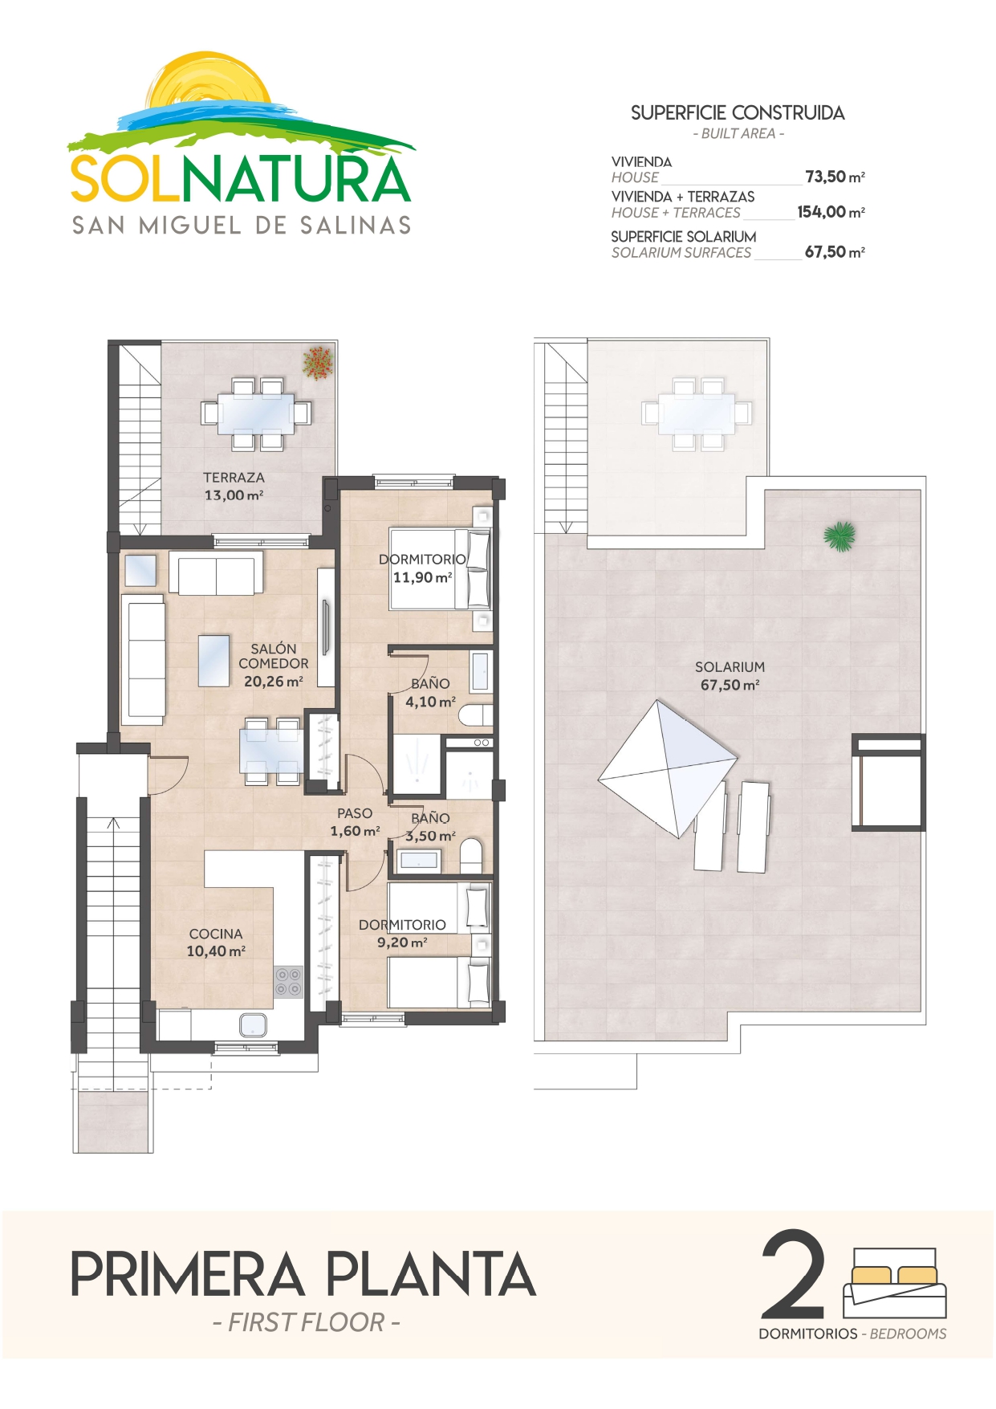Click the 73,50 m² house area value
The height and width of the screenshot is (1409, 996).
coord(835,177)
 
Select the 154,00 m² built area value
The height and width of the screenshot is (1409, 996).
coord(831,212)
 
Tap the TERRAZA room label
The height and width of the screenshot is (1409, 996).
coord(234,477)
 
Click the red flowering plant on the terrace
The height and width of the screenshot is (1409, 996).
coord(319,362)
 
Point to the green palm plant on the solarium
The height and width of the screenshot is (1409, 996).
coord(839,536)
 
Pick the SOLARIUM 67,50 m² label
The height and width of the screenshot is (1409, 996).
coord(730,676)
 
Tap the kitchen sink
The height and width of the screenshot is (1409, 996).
coord(253,1024)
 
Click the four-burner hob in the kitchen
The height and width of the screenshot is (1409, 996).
coord(288,981)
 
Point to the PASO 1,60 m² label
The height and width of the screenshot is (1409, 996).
coord(355,822)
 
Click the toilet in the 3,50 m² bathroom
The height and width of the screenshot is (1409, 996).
coord(471,857)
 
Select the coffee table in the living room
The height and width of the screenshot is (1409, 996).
coord(213,661)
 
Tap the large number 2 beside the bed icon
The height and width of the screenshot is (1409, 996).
coord(793,1274)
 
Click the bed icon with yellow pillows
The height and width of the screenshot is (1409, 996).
coord(895,1283)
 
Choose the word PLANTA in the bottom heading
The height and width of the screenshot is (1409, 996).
coord(430,1274)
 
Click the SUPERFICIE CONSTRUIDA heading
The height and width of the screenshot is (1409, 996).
coord(738,113)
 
